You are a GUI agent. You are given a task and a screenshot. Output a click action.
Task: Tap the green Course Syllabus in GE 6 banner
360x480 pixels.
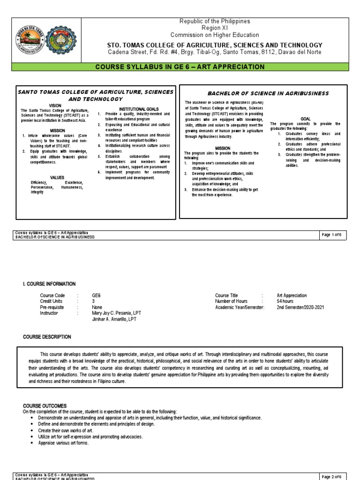pos(180,67)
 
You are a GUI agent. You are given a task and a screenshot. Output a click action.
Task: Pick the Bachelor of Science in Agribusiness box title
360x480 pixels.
pos(262,94)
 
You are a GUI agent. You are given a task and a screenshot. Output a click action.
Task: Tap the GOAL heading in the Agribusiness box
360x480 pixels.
pos(306,119)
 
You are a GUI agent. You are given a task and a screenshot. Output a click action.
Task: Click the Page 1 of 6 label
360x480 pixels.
pos(331,235)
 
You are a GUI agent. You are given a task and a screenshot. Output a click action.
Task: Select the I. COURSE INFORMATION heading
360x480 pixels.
pos(49,284)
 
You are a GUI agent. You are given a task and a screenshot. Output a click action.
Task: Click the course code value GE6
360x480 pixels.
pos(97,296)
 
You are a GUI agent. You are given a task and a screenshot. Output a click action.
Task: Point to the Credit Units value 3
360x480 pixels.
pos(93,301)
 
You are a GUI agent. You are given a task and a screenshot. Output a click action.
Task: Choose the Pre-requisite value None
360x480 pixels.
pos(97,307)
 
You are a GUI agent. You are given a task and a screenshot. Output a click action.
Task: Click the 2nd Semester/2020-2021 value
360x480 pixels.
pos(300,307)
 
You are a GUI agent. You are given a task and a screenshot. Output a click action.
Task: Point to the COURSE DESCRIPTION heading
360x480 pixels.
pos(47,337)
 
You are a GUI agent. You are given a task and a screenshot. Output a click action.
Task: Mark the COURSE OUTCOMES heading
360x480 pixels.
pos(45,405)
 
